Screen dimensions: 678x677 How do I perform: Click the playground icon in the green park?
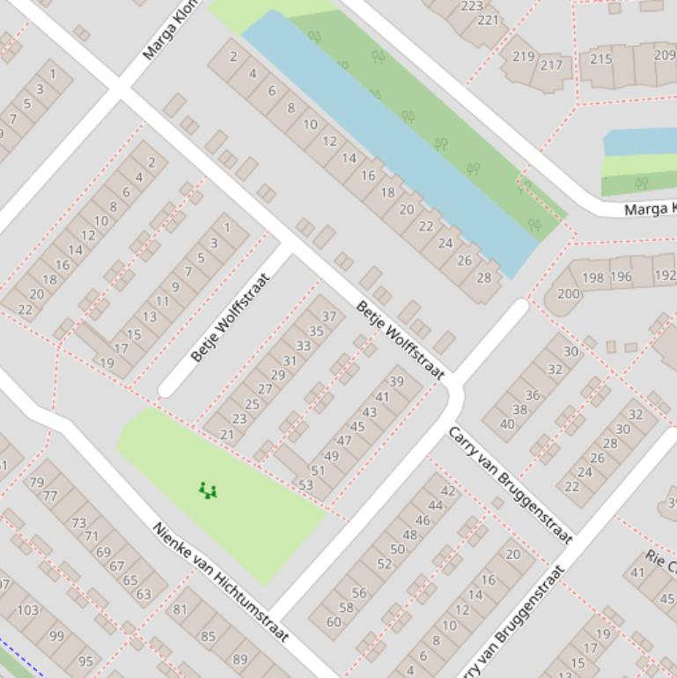[208, 490]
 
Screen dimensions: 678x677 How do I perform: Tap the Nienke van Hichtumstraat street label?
[221, 582]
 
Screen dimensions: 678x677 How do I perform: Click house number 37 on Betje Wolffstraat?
[329, 316]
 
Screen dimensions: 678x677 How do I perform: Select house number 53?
[305, 484]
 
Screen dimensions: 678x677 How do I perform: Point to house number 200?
[569, 293]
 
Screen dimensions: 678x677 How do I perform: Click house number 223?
[472, 6]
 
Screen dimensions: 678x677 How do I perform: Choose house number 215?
[601, 59]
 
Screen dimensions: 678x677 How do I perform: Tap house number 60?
[334, 622]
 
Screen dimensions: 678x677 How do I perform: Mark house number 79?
[36, 482]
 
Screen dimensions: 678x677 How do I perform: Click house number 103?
[28, 609]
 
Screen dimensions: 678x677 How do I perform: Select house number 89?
[239, 659]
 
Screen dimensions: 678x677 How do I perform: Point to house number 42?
[448, 490]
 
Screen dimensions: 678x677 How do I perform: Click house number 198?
[593, 277]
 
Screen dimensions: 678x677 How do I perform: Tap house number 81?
[180, 608]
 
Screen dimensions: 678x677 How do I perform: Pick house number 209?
[665, 55]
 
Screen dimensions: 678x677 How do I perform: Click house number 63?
[143, 593]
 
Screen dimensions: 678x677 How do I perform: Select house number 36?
[533, 395]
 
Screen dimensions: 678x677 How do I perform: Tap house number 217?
[551, 64]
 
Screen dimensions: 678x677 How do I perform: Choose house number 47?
[344, 441]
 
